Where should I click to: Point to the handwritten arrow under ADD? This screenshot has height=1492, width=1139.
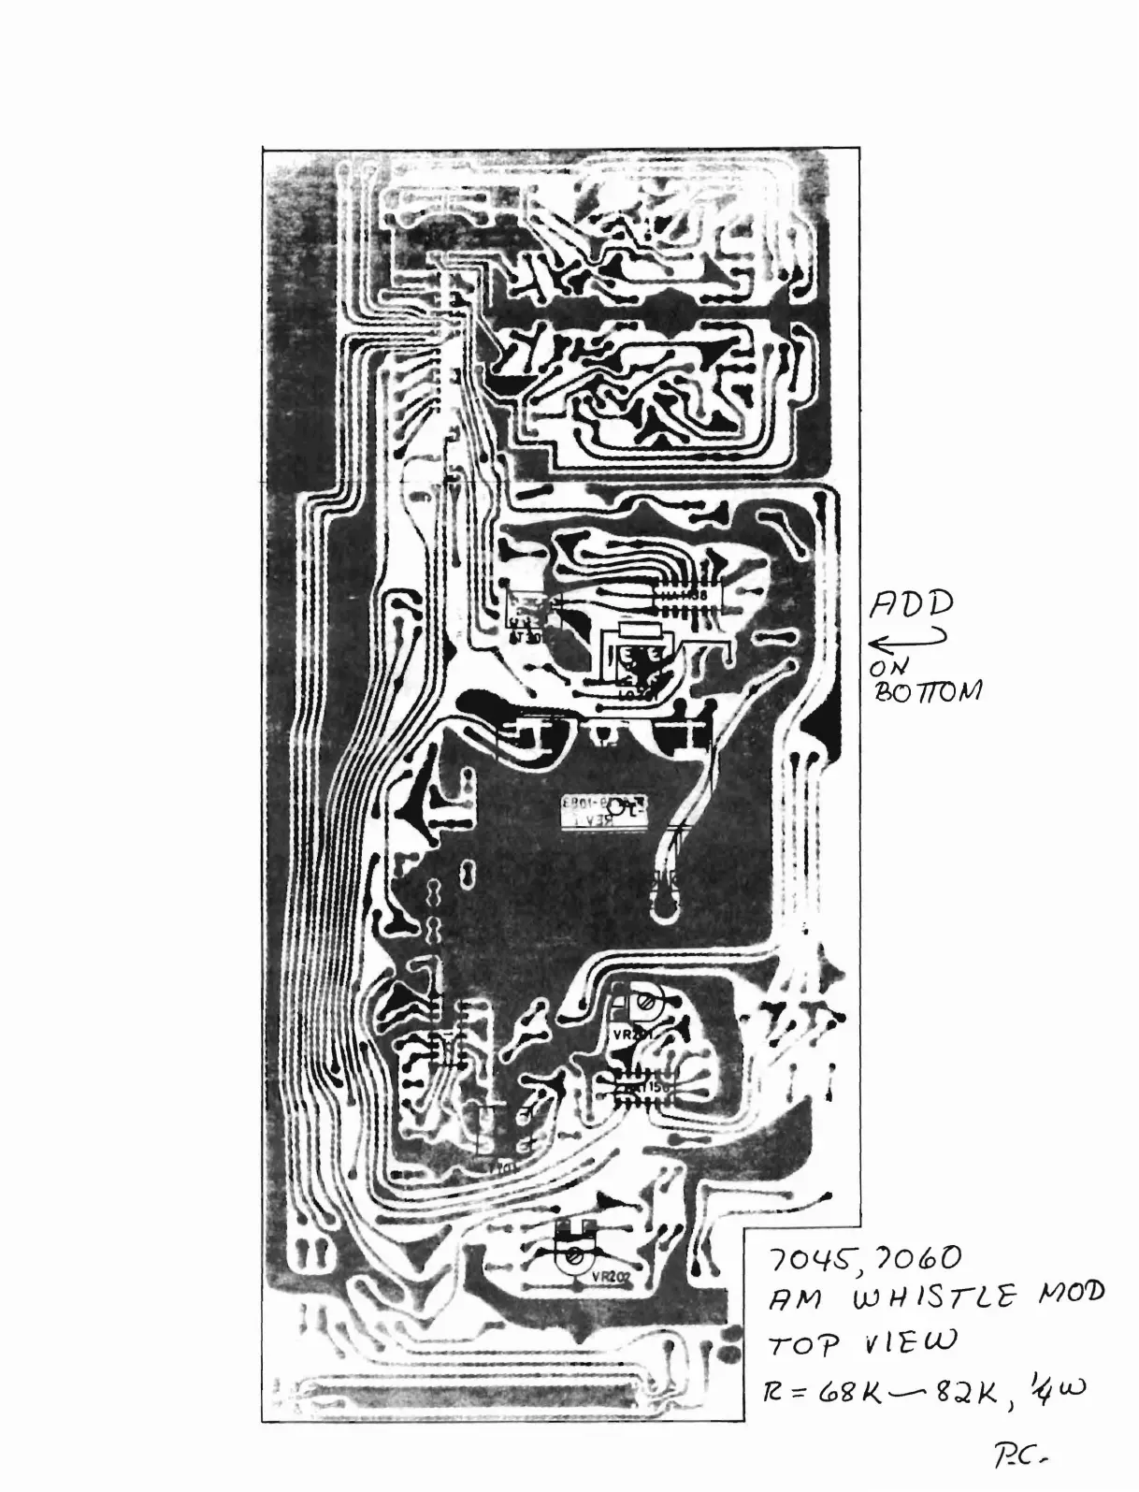tap(908, 641)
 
